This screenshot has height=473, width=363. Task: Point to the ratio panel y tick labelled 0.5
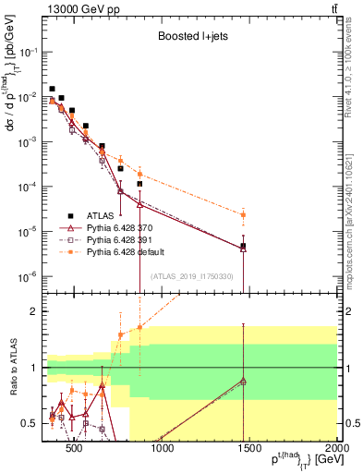click(x=30, y=424)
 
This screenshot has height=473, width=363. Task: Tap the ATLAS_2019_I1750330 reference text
click(x=191, y=276)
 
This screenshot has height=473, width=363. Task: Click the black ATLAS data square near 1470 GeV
click(x=243, y=168)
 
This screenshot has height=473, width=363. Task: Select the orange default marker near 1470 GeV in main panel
click(x=243, y=215)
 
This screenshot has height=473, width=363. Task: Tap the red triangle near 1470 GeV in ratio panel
click(x=243, y=381)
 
